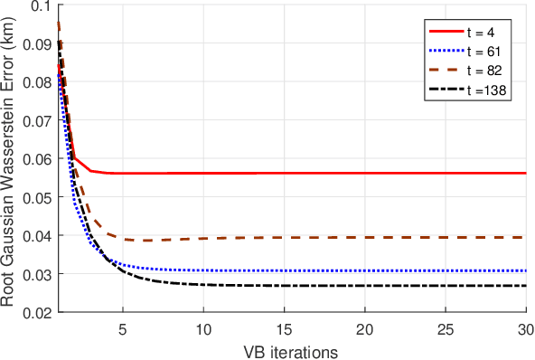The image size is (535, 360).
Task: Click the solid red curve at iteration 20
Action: click(365, 173)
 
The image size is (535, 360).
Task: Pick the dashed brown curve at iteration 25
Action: click(446, 237)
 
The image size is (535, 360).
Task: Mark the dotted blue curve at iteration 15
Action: click(284, 270)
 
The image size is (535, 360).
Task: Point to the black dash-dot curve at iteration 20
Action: click(365, 286)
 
